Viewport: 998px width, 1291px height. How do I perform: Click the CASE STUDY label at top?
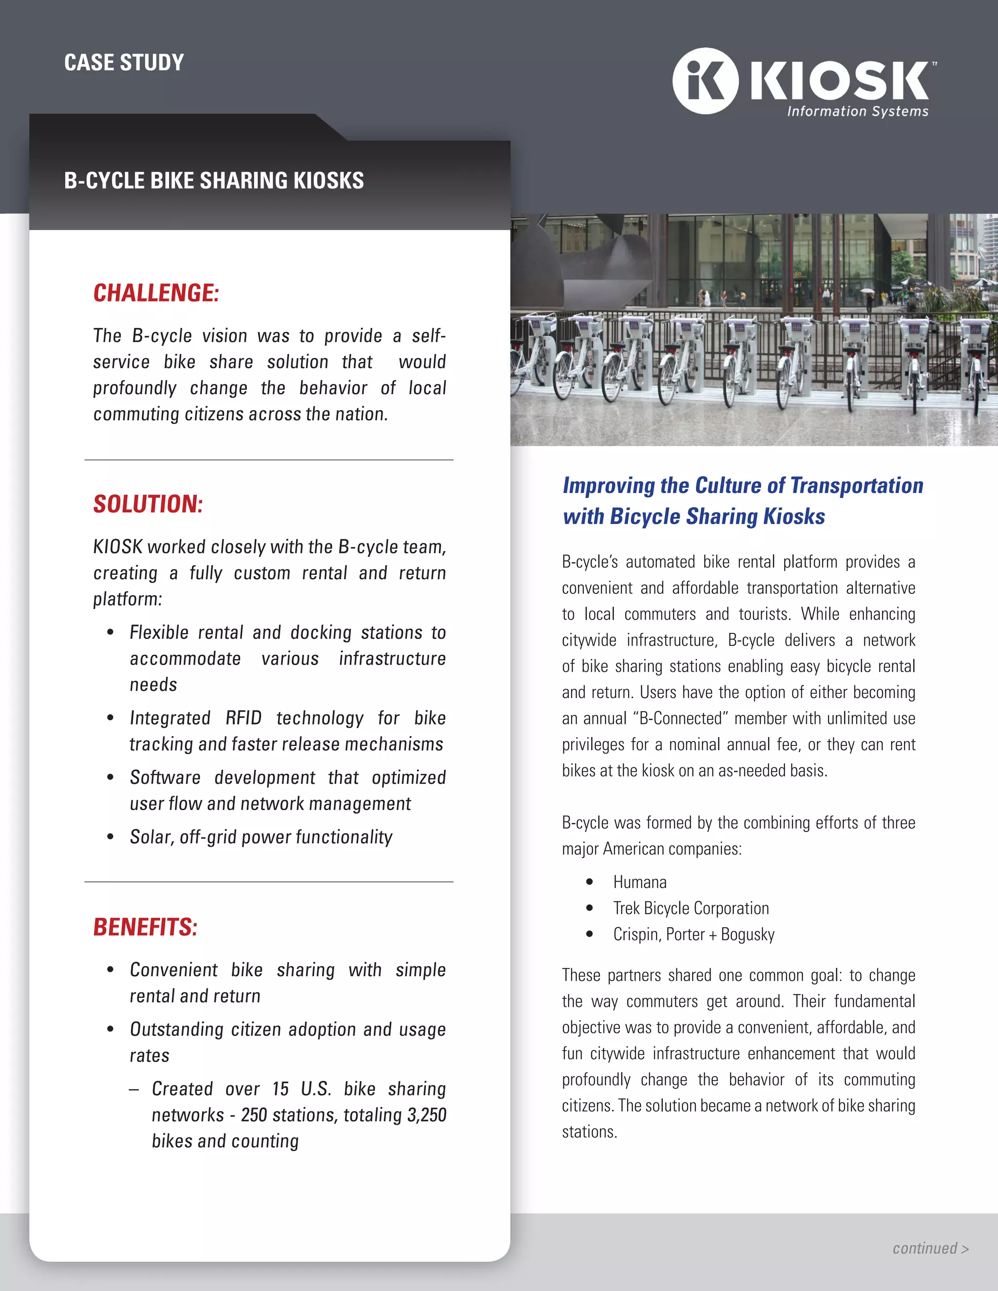(x=124, y=63)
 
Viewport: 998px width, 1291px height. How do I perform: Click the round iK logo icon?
(x=705, y=81)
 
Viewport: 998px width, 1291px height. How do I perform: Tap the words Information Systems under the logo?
(x=857, y=111)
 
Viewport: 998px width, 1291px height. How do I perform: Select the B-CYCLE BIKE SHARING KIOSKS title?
(x=213, y=180)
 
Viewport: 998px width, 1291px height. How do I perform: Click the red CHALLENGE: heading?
(x=156, y=293)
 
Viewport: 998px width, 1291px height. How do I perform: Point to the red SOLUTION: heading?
(x=148, y=504)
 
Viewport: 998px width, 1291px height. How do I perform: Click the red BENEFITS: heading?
(x=145, y=927)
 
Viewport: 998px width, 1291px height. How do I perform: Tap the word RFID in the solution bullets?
(x=243, y=718)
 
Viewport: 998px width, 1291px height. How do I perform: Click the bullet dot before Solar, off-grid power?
(x=111, y=837)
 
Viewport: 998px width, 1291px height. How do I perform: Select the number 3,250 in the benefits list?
(x=426, y=1115)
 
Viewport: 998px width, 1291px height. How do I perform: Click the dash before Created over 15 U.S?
(x=134, y=1089)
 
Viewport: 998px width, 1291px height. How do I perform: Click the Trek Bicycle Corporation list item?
(x=691, y=908)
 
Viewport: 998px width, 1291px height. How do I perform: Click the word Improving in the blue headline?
(x=608, y=485)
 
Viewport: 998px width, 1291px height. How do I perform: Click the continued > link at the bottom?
(x=930, y=1249)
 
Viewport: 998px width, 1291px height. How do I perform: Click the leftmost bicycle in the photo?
(x=532, y=361)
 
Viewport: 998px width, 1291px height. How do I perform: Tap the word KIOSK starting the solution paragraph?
(x=117, y=547)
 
